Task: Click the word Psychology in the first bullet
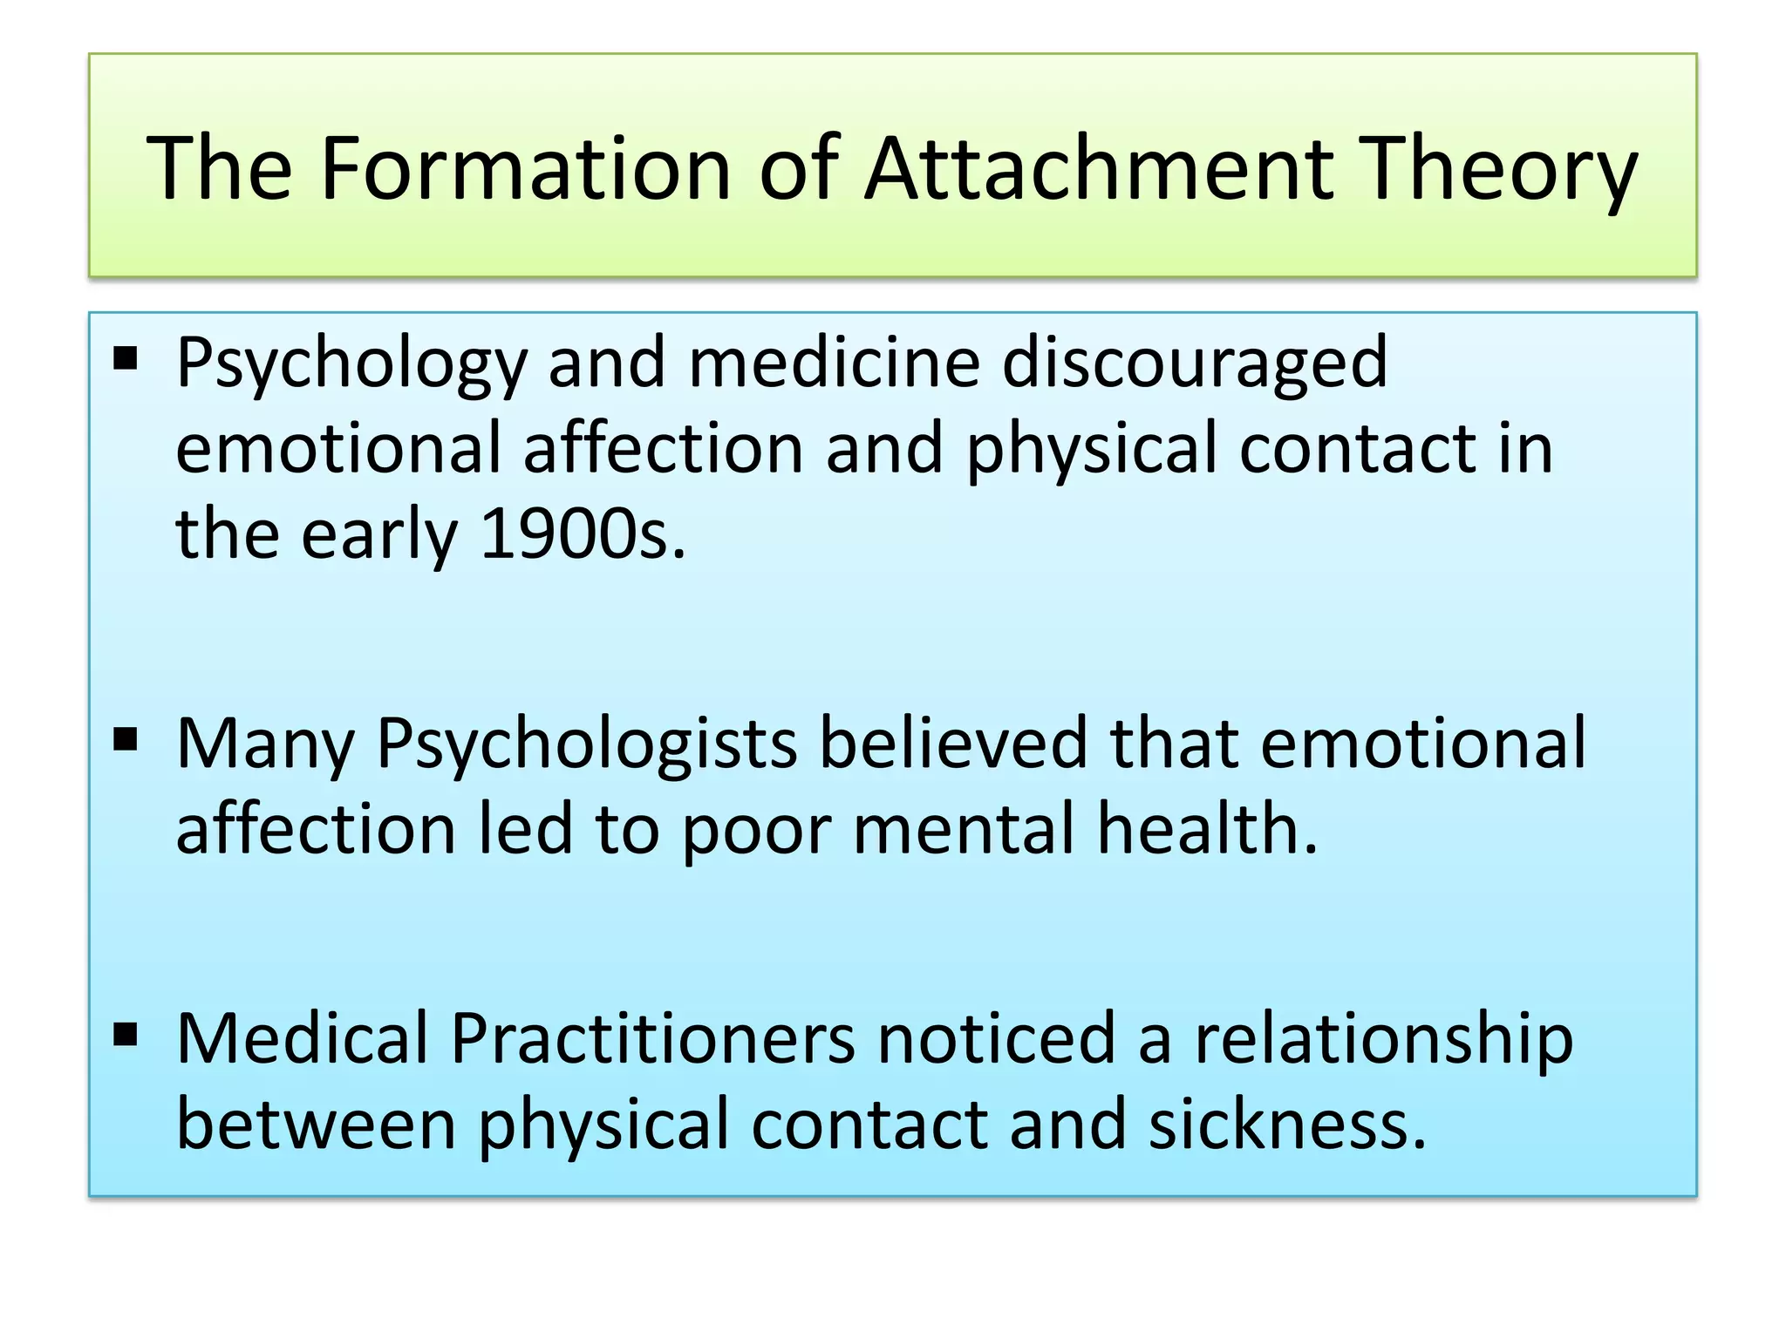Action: [351, 364]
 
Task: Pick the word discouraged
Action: [1195, 364]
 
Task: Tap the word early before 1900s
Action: [378, 536]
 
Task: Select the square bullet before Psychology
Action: [126, 358]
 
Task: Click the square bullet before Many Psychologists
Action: [126, 740]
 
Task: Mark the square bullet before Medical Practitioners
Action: [126, 1035]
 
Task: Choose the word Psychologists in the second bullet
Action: [586, 745]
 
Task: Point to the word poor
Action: [756, 831]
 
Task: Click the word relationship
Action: [1384, 1040]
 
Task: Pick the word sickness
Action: [1286, 1125]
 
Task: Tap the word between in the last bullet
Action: [317, 1125]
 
